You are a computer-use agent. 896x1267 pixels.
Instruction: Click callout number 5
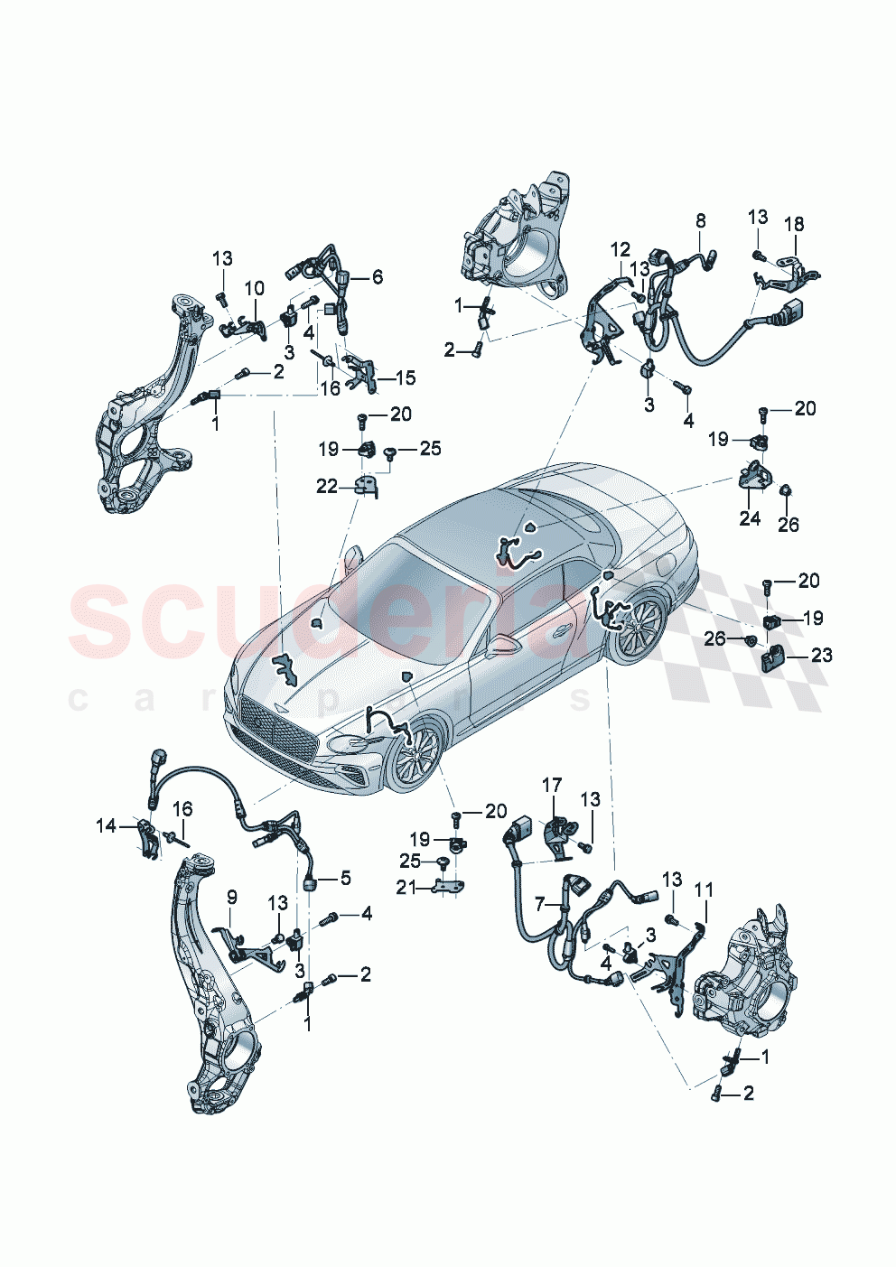click(x=346, y=878)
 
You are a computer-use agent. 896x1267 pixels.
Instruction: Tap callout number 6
click(x=377, y=277)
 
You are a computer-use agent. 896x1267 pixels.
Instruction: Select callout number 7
click(x=540, y=902)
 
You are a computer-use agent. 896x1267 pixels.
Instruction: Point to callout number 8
click(x=701, y=220)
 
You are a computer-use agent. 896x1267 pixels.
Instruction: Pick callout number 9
click(x=232, y=897)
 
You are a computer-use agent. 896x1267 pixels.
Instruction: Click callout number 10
click(x=255, y=288)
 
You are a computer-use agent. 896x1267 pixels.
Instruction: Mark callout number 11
click(x=704, y=890)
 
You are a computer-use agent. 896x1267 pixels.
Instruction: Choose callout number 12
click(x=620, y=249)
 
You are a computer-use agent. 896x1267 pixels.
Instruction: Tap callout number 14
click(x=107, y=824)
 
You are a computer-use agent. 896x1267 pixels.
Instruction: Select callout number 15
click(x=406, y=377)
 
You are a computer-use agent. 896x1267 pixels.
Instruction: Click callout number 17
click(x=552, y=786)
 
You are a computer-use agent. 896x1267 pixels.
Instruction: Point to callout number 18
click(x=794, y=224)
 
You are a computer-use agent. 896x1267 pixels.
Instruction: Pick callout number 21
click(x=406, y=888)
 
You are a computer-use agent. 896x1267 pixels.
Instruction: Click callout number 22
click(x=326, y=487)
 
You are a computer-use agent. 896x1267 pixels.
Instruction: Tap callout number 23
click(x=821, y=655)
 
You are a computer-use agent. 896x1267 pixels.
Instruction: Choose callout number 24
click(x=750, y=517)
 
